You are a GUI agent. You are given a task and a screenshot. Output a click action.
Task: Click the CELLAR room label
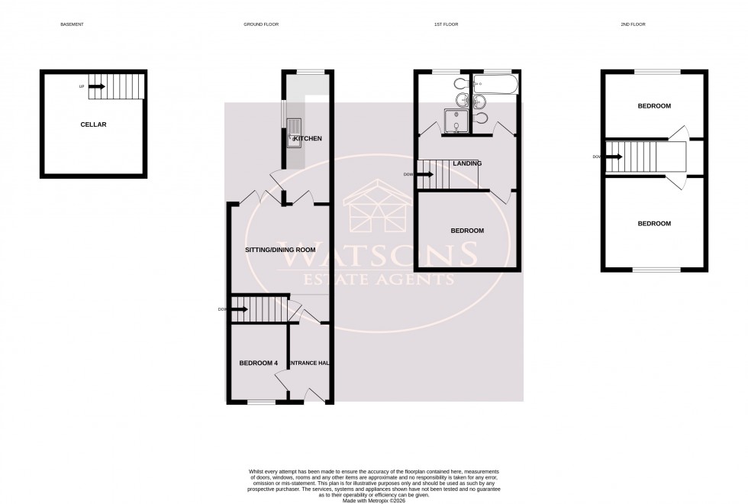click(94, 124)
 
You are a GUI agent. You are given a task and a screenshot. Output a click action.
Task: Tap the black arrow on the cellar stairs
click(96, 87)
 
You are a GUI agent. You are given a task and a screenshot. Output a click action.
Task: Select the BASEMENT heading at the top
click(72, 24)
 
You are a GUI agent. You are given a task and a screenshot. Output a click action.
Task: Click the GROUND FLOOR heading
click(261, 24)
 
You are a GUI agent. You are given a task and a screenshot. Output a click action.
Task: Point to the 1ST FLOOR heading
click(446, 24)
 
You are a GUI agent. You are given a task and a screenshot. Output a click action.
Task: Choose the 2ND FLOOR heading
click(633, 24)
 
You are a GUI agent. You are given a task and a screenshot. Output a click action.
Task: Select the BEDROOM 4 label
click(258, 363)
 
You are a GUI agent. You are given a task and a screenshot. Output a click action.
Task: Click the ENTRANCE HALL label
click(309, 363)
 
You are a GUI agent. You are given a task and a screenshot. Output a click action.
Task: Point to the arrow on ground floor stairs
click(239, 309)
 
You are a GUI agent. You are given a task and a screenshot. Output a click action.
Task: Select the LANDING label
click(467, 163)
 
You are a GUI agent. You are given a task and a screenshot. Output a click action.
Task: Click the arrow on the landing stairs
click(426, 174)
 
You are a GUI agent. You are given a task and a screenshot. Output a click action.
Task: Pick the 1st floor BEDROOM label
click(466, 231)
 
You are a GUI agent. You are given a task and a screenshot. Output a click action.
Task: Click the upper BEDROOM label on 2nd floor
click(654, 106)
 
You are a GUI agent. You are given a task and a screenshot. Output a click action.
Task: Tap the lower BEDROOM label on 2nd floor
click(654, 223)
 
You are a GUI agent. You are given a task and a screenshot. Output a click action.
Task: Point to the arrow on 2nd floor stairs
click(613, 157)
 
